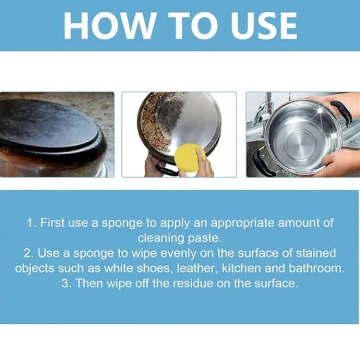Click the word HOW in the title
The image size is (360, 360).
(x=109, y=25)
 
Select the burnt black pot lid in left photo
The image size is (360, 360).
(x=49, y=126)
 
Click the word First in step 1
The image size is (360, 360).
(x=52, y=223)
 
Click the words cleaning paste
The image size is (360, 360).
(x=180, y=238)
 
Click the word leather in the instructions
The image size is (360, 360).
(x=197, y=268)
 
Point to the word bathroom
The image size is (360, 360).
(x=317, y=268)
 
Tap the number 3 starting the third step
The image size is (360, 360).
(x=65, y=283)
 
